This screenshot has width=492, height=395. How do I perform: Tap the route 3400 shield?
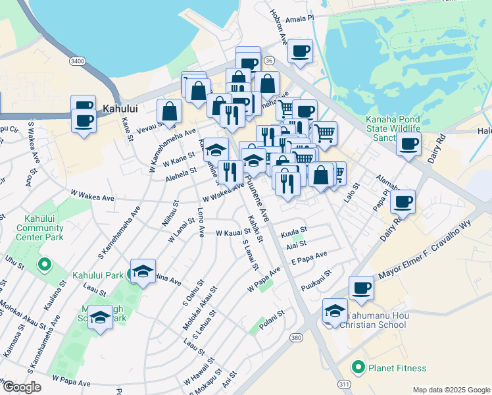(78, 61)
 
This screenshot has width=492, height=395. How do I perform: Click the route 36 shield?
(268, 60)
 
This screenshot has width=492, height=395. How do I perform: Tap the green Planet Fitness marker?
(358, 367)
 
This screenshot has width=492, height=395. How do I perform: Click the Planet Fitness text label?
(397, 368)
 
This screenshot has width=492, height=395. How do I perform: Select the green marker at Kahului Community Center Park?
(45, 265)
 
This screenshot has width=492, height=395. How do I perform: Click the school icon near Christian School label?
(335, 309)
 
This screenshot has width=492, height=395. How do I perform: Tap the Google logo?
(22, 386)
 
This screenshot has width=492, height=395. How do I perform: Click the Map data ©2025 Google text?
(451, 390)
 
